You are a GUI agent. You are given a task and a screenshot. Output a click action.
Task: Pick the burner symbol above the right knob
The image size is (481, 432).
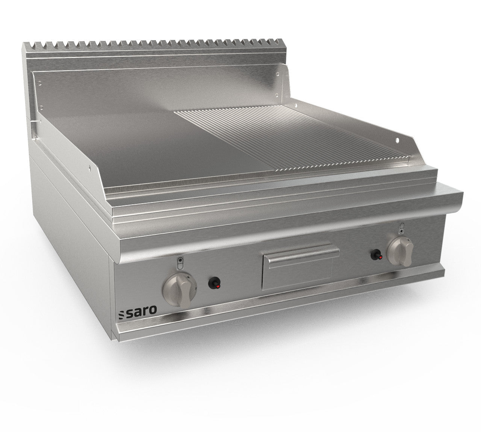coord(402,227)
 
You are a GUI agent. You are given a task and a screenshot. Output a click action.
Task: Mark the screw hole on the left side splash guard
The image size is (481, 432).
coord(89,168)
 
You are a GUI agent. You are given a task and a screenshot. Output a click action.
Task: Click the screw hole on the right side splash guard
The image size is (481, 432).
coord(397,140)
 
